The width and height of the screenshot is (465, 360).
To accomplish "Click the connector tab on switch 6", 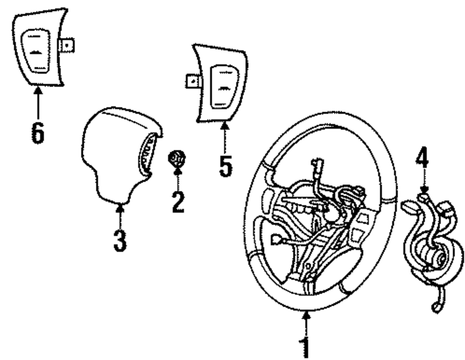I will click(68, 46).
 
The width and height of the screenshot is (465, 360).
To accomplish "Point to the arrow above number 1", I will click(306, 322).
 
